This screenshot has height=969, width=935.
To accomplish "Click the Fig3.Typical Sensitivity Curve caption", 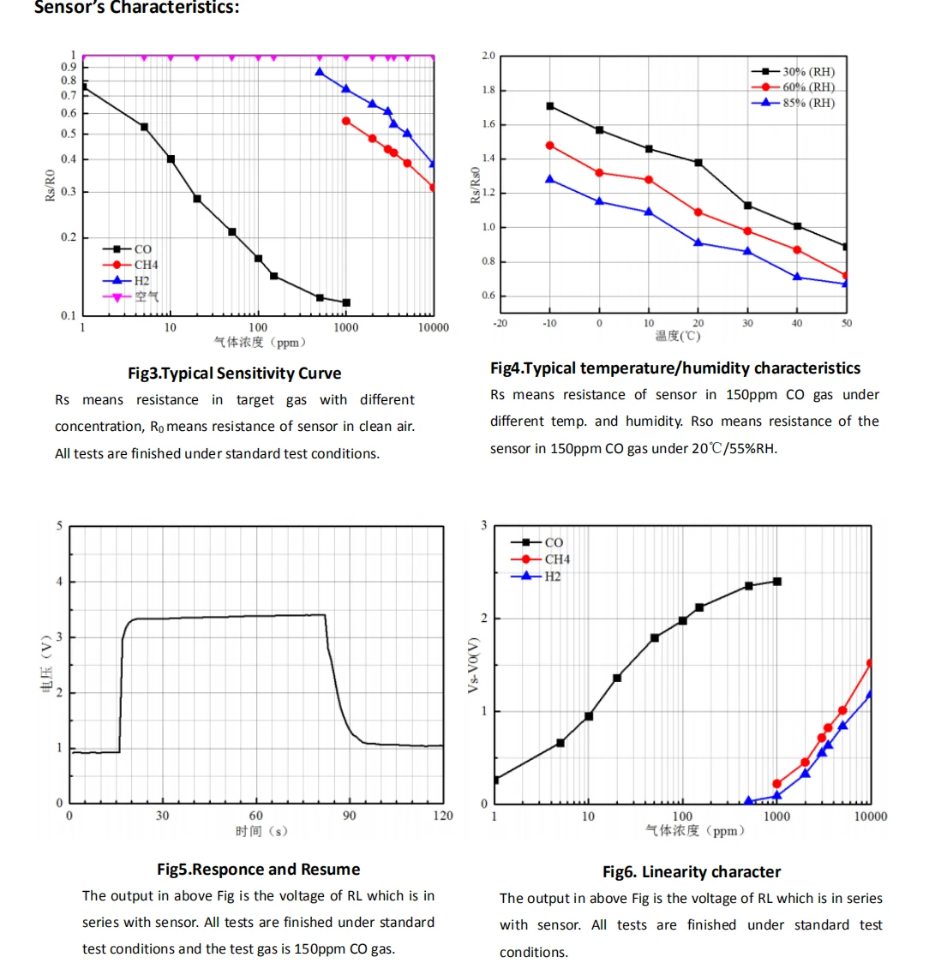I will pyautogui.click(x=234, y=374).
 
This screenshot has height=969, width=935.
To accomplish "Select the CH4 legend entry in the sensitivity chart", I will pyautogui.click(x=146, y=265).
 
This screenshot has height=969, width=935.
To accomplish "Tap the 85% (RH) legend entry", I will pyautogui.click(x=807, y=103).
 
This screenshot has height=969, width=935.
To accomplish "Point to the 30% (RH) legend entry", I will pyautogui.click(x=807, y=72).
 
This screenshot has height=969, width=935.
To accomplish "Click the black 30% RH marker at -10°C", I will pyautogui.click(x=549, y=106).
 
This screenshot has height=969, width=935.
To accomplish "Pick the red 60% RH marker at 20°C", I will pyautogui.click(x=698, y=212).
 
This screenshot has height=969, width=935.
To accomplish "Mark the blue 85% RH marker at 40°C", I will pyautogui.click(x=797, y=277).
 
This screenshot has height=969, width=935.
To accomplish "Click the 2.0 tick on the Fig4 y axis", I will pyautogui.click(x=488, y=57).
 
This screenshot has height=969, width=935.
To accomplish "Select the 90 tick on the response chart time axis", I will pyautogui.click(x=350, y=816).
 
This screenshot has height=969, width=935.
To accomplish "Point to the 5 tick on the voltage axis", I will pyautogui.click(x=59, y=525).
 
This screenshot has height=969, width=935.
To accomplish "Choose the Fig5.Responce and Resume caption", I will pyautogui.click(x=258, y=870).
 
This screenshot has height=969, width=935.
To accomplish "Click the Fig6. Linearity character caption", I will pyautogui.click(x=692, y=872).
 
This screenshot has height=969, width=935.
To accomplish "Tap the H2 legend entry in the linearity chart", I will pyautogui.click(x=552, y=577).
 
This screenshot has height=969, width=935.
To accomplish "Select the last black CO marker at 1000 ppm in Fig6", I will pyautogui.click(x=777, y=581).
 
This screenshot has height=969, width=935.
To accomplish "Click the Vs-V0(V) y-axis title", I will pyautogui.click(x=473, y=665).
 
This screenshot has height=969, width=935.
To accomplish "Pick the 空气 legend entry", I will pyautogui.click(x=146, y=296).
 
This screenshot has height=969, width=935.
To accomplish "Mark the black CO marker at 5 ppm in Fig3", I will pyautogui.click(x=144, y=127).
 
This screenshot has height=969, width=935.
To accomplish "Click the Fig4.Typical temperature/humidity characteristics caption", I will pyautogui.click(x=675, y=368).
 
